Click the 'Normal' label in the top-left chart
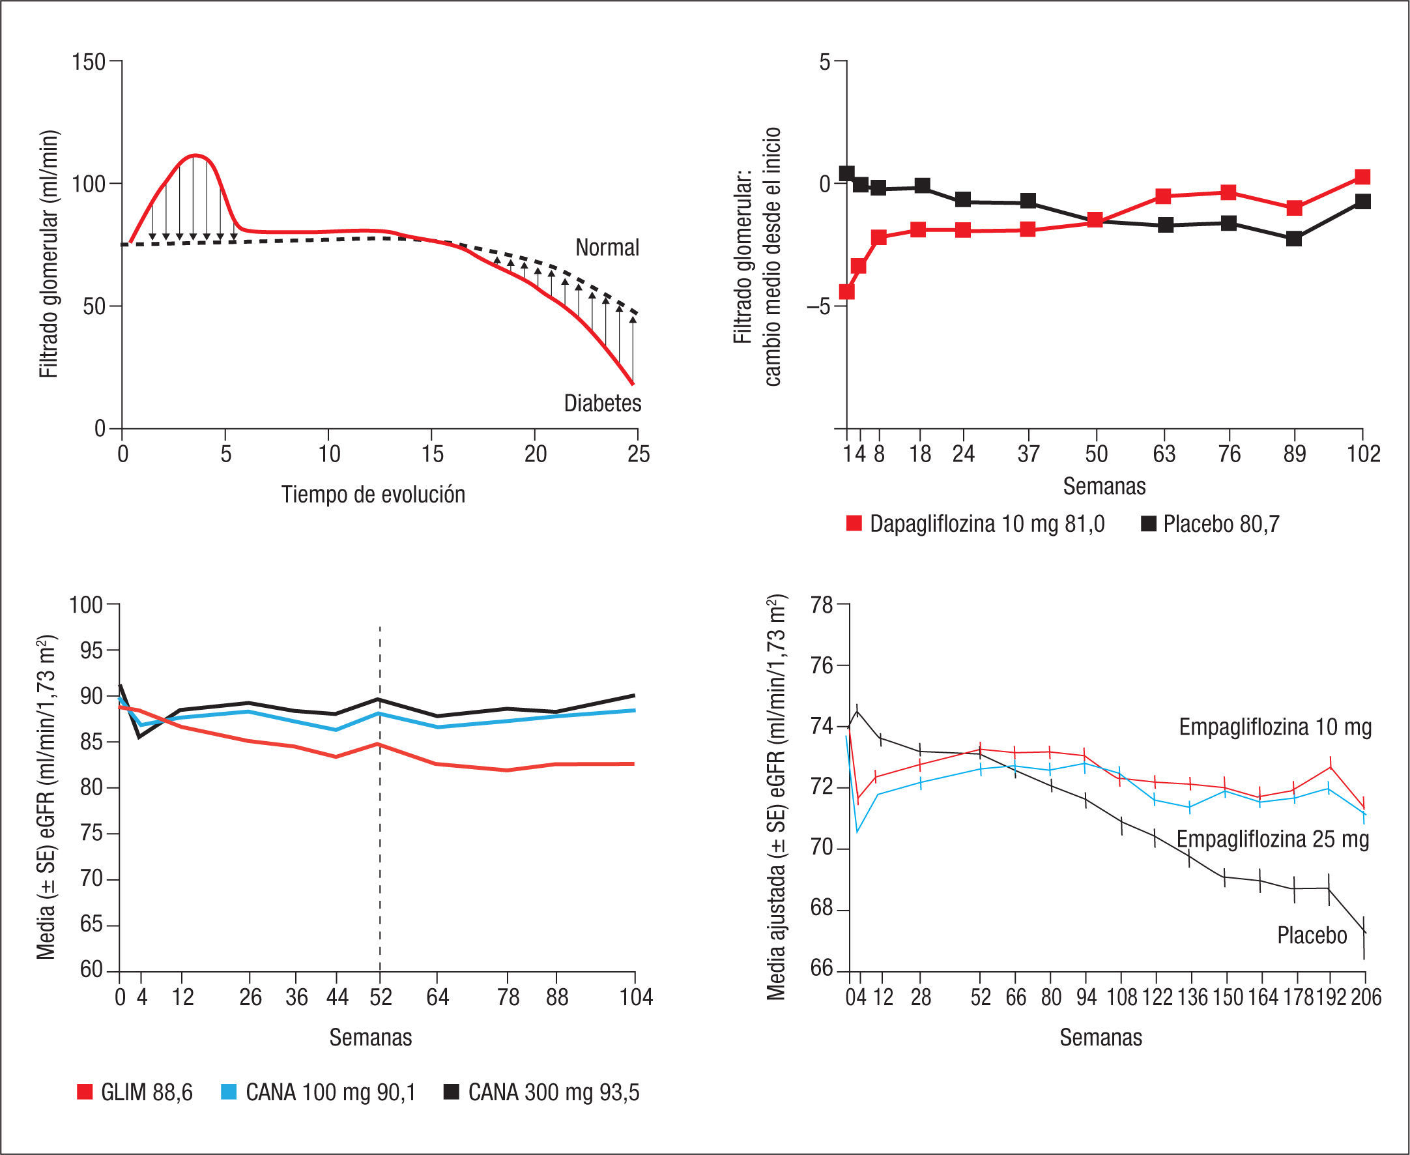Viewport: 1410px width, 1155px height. tap(607, 248)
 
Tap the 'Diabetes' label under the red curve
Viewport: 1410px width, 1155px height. tap(602, 403)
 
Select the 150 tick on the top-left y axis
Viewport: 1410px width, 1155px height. tap(89, 62)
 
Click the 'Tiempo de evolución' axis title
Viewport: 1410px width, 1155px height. tap(373, 494)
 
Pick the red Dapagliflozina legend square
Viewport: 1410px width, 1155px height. tap(854, 523)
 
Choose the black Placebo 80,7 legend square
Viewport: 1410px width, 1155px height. tap(1149, 523)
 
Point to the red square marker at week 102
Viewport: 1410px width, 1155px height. tap(1362, 177)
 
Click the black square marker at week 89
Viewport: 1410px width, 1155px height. tap(1293, 238)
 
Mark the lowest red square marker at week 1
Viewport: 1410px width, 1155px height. tap(846, 291)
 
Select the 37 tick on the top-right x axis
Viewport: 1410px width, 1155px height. tap(1028, 454)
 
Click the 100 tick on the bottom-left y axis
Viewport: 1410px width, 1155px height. tap(87, 605)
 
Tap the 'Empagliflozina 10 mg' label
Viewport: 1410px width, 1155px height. tap(1275, 727)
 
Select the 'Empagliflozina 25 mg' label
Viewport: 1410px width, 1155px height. tap(1273, 839)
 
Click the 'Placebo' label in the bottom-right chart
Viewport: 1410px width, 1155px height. tap(1312, 935)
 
